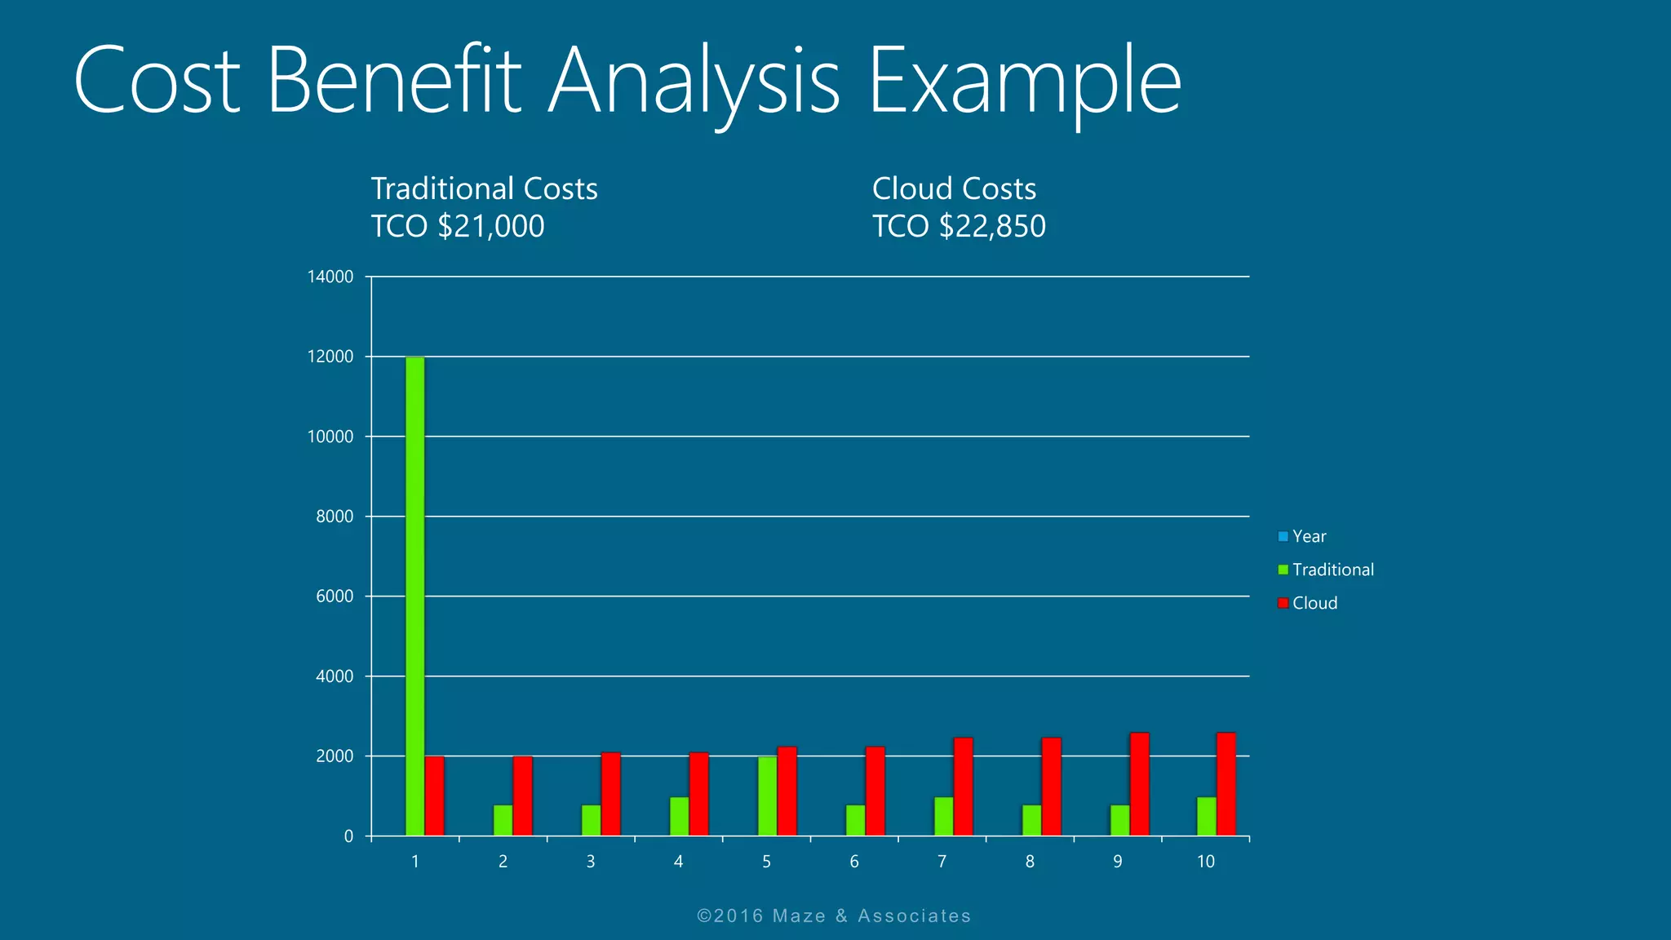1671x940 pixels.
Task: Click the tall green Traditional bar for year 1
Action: [x=414, y=596]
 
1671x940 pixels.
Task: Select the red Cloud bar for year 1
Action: [x=435, y=796]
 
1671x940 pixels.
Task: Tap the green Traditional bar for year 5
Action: [x=767, y=796]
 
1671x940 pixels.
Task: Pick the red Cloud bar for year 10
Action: [x=1226, y=783]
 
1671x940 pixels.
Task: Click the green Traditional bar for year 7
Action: [x=943, y=816]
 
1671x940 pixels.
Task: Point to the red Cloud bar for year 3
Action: [x=611, y=793]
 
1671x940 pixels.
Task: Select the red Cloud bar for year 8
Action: [x=1051, y=786]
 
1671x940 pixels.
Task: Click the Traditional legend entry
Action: [x=1332, y=570]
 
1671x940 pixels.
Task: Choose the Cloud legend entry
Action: [x=1314, y=603]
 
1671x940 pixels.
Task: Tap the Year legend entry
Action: [x=1309, y=536]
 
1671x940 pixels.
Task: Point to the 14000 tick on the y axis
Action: [x=330, y=277]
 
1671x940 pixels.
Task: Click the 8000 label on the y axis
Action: [x=335, y=517]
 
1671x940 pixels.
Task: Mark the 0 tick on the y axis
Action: [x=348, y=836]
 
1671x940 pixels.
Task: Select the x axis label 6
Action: [x=854, y=862]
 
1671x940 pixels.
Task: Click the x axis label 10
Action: [x=1205, y=862]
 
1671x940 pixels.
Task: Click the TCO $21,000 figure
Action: [x=458, y=226]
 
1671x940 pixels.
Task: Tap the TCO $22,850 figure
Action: [x=959, y=226]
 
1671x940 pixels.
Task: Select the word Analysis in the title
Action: [x=694, y=82]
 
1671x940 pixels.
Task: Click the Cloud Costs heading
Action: [x=954, y=188]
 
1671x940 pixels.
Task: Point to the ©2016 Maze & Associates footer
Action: [x=834, y=916]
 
